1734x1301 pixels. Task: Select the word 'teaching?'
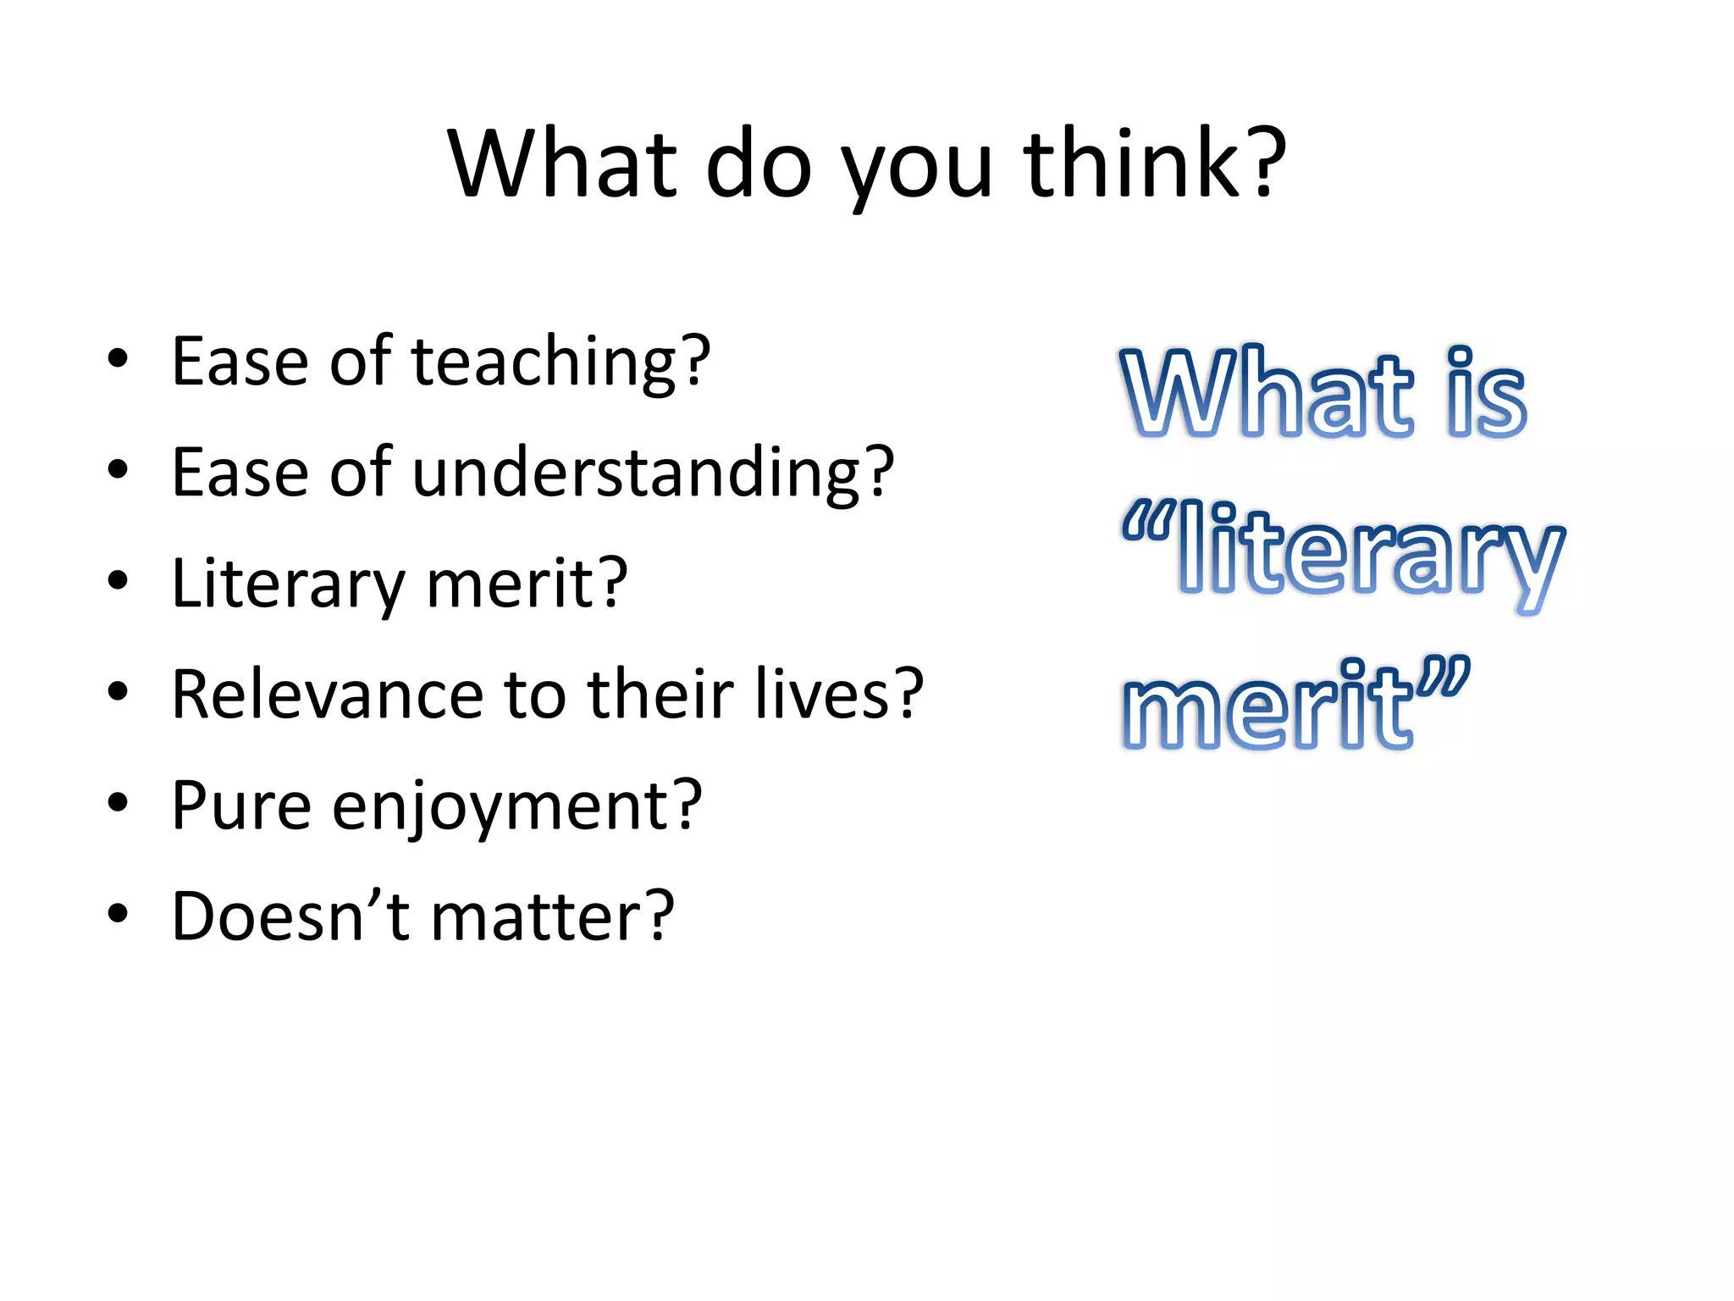click(561, 363)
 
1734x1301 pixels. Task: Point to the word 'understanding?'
click(653, 473)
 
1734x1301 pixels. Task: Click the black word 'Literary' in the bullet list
click(289, 584)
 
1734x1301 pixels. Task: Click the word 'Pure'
click(240, 806)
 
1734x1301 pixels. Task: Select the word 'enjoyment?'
click(516, 809)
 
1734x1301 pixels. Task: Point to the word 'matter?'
click(553, 916)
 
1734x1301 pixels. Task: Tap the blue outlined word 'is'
click(1487, 394)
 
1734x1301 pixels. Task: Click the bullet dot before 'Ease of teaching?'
click(118, 359)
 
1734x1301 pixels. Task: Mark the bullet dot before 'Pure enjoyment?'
click(118, 802)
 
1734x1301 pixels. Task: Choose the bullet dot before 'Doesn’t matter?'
click(118, 913)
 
